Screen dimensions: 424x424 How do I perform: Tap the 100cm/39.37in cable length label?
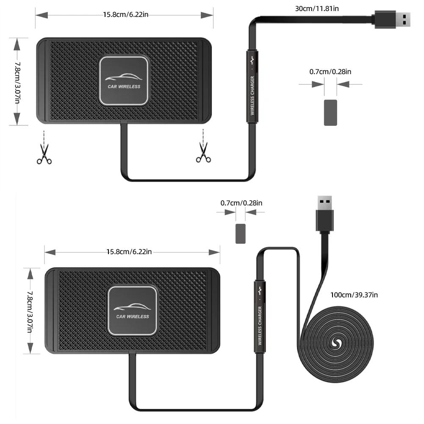(354, 295)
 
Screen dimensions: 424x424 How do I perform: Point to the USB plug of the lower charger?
(324, 214)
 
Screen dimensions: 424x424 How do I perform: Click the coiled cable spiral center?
(338, 344)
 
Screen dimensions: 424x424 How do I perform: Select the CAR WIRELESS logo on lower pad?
(133, 310)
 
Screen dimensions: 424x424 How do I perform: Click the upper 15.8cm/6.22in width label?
(125, 15)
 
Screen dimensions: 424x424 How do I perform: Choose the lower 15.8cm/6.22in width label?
(129, 252)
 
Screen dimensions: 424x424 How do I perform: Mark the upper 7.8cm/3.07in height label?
(17, 82)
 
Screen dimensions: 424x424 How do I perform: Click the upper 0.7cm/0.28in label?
(330, 72)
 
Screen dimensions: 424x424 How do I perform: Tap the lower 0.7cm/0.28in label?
(241, 203)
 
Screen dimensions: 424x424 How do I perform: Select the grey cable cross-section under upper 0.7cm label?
(330, 112)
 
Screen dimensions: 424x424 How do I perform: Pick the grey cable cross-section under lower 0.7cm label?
(241, 233)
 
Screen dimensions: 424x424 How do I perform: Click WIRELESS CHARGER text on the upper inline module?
(252, 95)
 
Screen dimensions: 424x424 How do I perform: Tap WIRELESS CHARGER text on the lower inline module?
(260, 326)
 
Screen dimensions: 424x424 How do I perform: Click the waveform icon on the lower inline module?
(260, 291)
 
